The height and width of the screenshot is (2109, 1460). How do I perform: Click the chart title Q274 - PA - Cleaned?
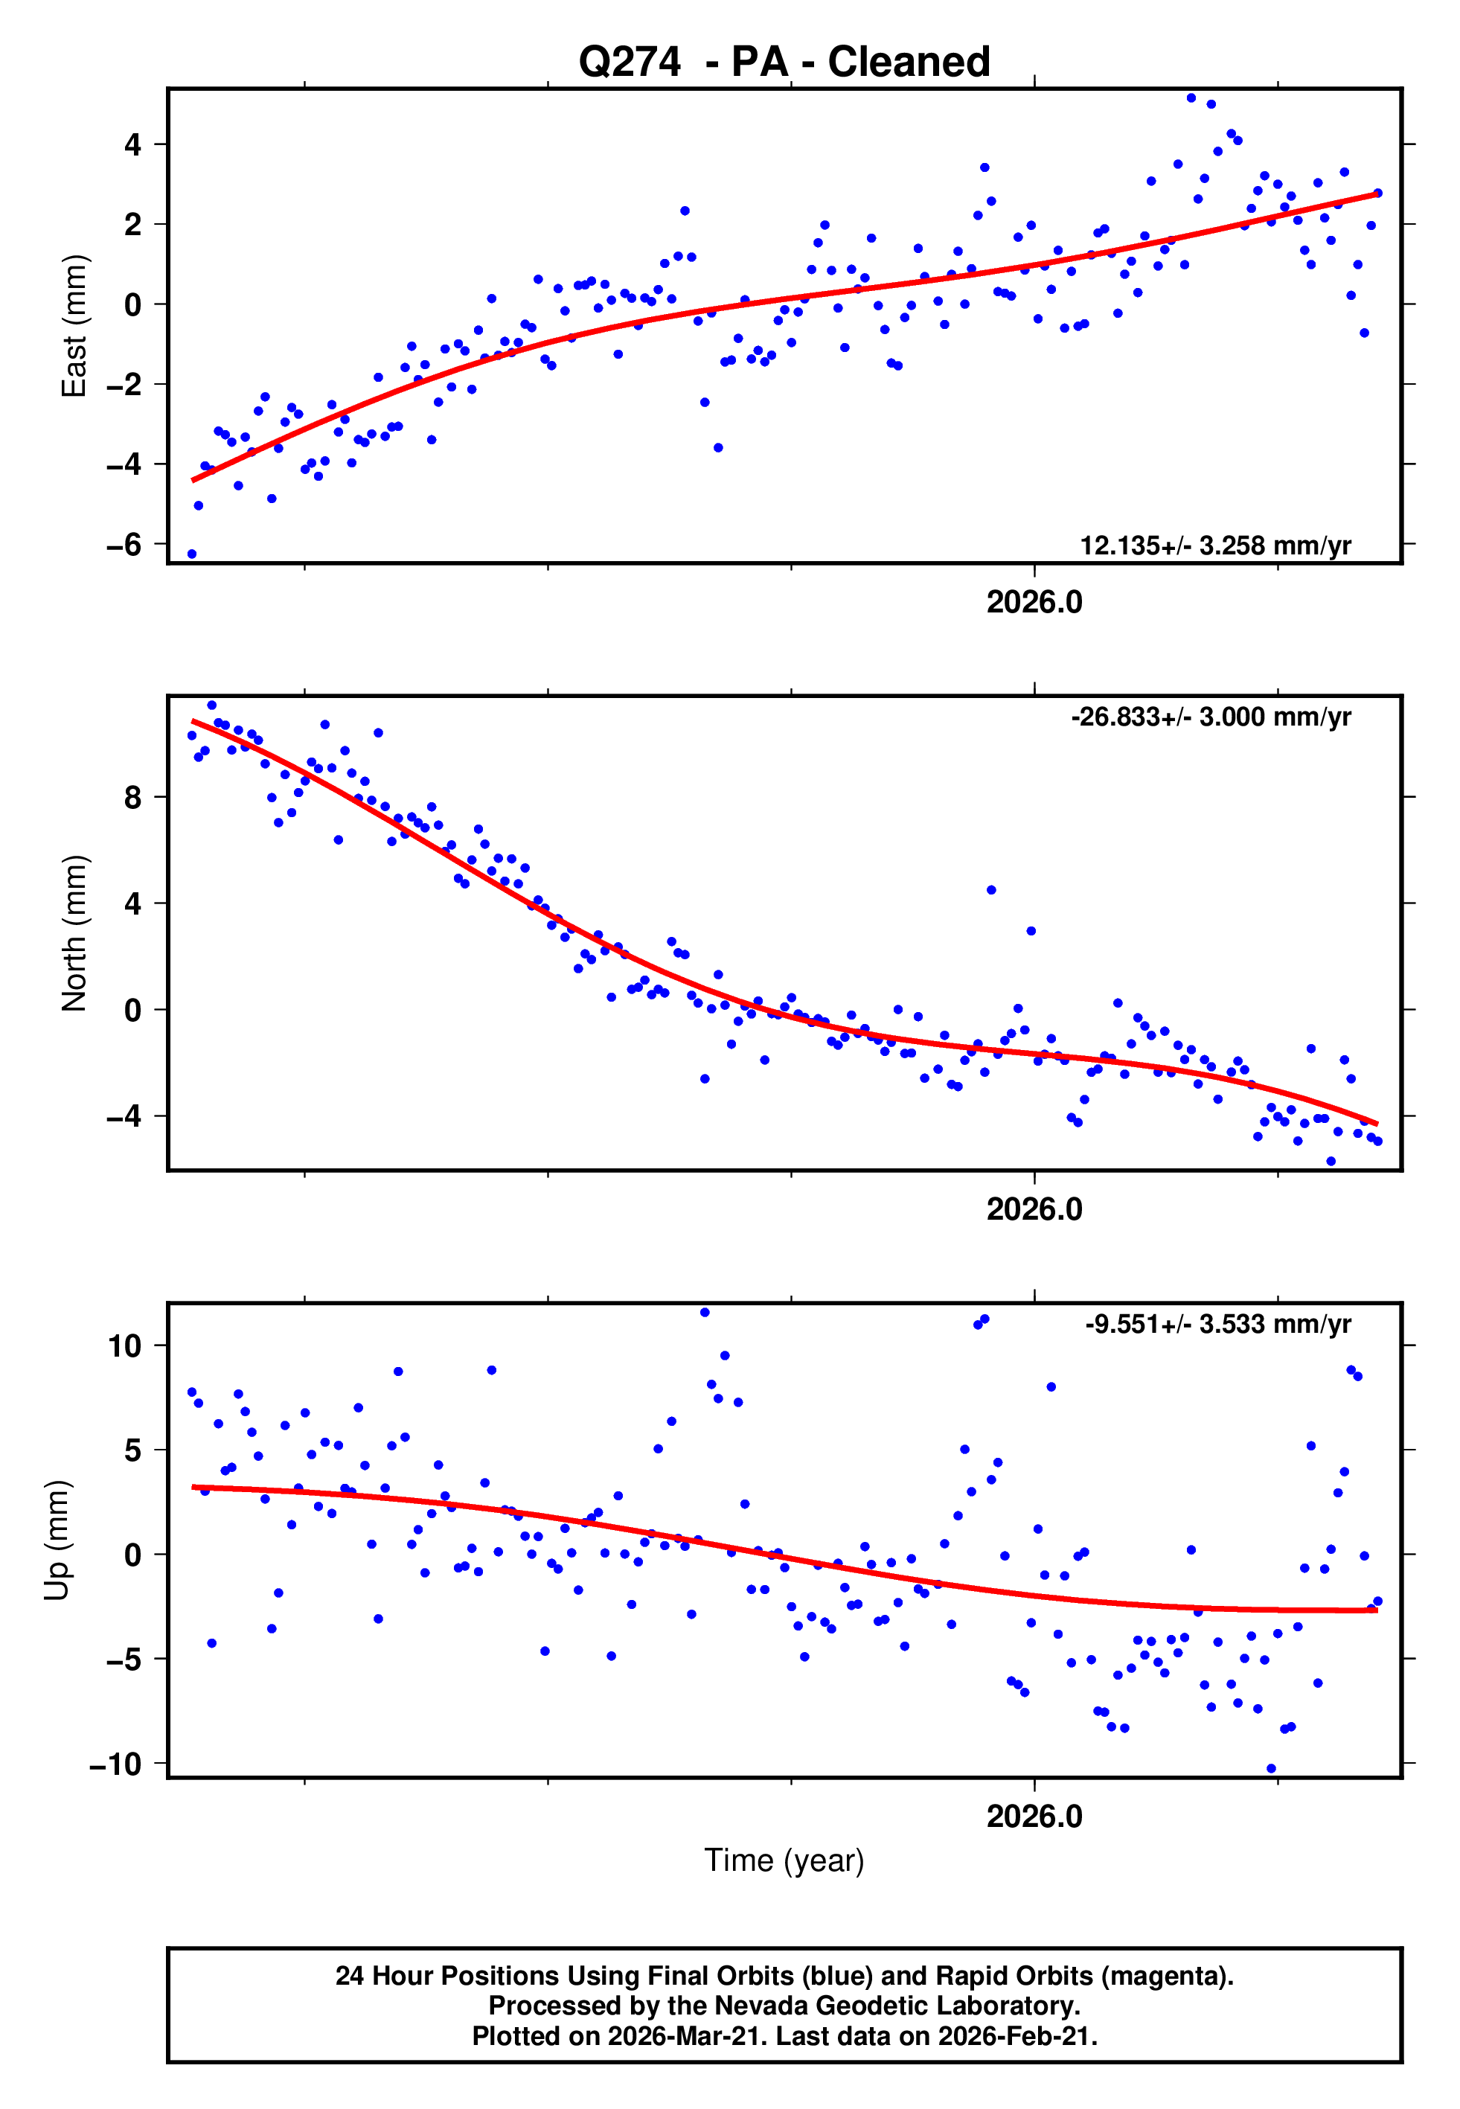[x=784, y=63]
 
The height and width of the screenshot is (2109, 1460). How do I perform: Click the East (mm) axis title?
[x=73, y=326]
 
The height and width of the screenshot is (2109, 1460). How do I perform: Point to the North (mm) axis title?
[x=73, y=933]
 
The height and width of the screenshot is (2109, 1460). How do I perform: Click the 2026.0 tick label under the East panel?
[x=1034, y=602]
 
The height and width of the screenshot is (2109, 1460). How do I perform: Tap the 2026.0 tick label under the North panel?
[x=1034, y=1209]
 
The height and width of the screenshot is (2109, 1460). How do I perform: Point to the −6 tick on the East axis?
[x=124, y=545]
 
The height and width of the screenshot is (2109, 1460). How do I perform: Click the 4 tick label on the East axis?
[x=132, y=144]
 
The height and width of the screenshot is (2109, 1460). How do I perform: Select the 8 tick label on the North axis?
[x=132, y=798]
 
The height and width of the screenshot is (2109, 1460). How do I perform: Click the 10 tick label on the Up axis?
[x=124, y=1345]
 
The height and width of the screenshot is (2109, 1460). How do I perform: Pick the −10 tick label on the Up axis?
[x=115, y=1764]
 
